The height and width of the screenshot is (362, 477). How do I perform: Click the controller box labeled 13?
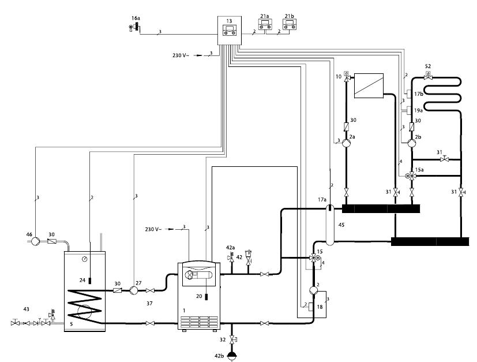click(230, 31)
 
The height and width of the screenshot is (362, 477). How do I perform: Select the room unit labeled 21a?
click(265, 25)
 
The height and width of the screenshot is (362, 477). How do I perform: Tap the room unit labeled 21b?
click(290, 25)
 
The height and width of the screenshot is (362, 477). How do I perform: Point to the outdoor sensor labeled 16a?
click(134, 27)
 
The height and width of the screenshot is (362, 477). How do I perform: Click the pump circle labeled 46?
click(35, 241)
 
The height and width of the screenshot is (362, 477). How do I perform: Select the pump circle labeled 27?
click(133, 290)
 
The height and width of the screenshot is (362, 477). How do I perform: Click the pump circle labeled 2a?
click(346, 143)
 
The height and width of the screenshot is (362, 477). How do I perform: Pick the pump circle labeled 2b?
click(412, 143)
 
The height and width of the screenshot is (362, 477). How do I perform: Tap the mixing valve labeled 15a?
click(411, 176)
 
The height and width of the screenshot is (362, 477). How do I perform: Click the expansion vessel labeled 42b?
click(232, 356)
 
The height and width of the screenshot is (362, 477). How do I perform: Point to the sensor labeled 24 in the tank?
click(90, 281)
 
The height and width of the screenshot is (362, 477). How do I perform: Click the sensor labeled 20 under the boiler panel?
click(206, 297)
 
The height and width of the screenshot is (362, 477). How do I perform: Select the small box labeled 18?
click(311, 307)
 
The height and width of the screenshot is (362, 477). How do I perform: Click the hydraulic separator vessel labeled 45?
click(330, 225)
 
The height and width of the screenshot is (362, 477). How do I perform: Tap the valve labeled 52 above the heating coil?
click(428, 76)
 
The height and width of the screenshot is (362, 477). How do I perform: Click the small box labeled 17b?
click(409, 94)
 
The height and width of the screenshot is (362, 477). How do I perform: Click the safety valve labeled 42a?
click(231, 257)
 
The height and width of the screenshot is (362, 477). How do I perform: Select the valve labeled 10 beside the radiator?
click(346, 76)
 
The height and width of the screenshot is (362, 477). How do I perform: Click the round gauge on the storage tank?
click(85, 259)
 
